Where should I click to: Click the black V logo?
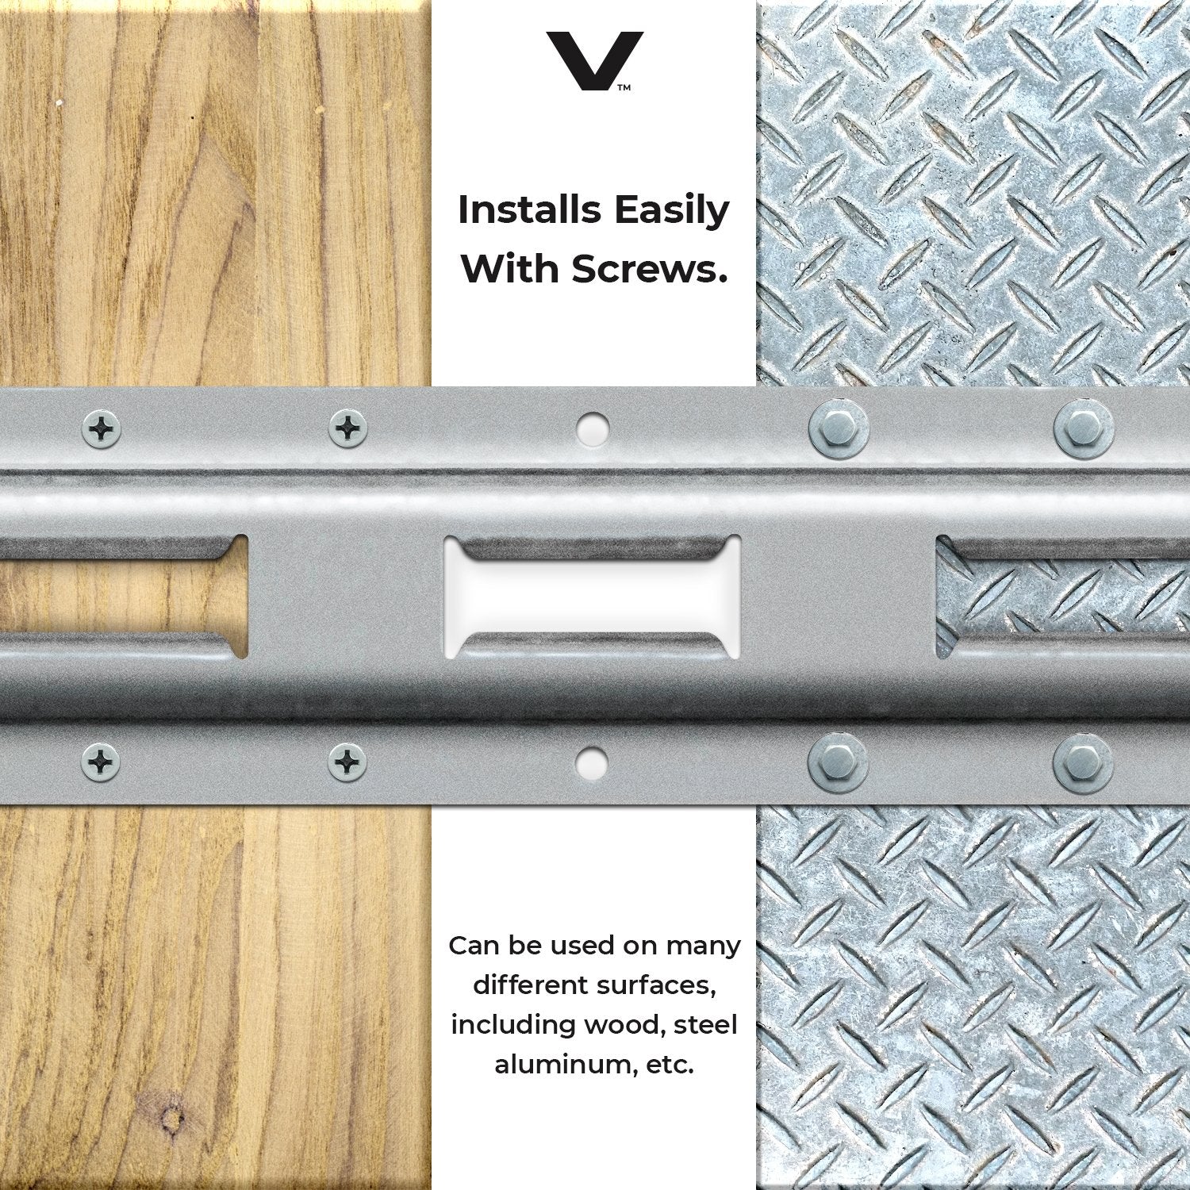pos(594,60)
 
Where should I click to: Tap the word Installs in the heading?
pos(530,210)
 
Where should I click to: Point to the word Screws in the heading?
pos(649,269)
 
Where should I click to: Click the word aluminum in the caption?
pos(564,1064)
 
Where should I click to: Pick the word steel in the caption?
pos(705,1024)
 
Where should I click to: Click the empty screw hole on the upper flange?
pos(592,429)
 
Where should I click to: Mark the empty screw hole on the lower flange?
pos(592,764)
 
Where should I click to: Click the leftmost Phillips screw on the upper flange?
pos(102,429)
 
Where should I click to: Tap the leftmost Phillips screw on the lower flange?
pos(102,763)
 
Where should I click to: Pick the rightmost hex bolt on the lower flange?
pos(1084,764)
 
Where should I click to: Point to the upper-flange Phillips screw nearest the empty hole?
pos(348,429)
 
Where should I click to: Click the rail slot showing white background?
pos(593,597)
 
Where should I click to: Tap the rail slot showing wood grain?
pos(124,597)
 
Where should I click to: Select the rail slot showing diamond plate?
pos(1063,597)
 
